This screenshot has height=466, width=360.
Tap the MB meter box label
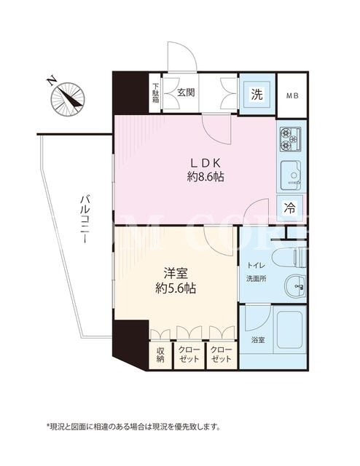292,96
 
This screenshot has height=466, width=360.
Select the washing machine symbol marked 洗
257,95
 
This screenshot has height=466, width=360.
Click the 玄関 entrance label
186,92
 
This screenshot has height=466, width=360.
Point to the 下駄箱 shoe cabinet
155,92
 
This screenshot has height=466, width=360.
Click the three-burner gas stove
290,138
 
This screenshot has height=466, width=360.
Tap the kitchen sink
291,176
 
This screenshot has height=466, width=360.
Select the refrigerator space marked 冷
289,208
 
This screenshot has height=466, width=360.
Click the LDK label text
206,163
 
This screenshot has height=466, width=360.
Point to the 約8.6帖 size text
206,178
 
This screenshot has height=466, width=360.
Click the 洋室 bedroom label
176,273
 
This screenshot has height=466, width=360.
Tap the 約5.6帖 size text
176,288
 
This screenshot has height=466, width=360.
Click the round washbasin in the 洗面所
295,286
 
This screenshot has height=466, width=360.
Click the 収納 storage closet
160,355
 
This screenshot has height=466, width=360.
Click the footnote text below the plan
133,427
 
